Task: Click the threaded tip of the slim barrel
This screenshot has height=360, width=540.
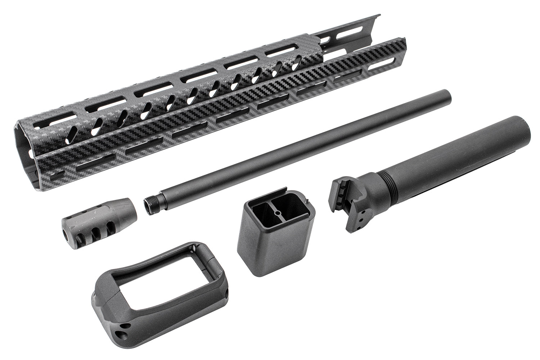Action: [x=148, y=205]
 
